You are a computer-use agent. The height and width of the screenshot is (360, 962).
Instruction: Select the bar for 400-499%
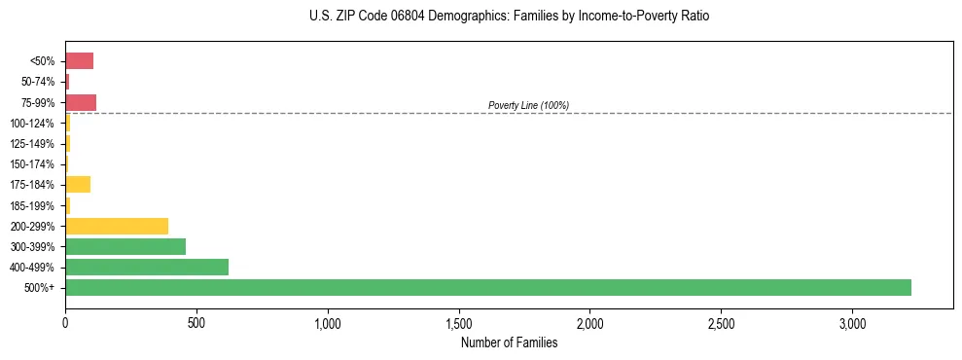tap(147, 267)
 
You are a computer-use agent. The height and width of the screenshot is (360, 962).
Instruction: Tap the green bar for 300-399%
tap(125, 246)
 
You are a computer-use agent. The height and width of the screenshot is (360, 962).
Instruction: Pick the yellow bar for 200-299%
tap(117, 226)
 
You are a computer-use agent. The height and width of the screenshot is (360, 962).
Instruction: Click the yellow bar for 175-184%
tap(78, 184)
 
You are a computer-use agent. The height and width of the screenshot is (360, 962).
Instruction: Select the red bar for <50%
tap(80, 60)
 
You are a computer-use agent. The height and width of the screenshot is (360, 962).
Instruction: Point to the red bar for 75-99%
tap(81, 102)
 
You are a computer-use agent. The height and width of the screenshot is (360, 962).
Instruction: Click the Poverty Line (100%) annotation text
tap(528, 105)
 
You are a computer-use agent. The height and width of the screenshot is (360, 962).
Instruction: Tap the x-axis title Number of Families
tap(509, 342)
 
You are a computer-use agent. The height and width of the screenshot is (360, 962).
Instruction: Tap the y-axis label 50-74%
tap(39, 82)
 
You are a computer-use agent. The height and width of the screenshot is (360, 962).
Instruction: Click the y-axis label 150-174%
tap(33, 164)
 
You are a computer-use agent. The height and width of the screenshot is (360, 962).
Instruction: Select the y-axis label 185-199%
tap(33, 205)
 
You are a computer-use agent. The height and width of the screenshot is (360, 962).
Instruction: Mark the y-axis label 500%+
tap(42, 288)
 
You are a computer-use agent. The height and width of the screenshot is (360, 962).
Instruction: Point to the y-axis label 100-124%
tap(33, 123)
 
